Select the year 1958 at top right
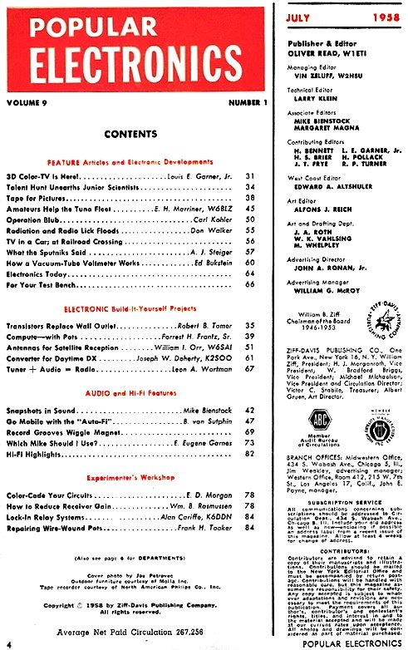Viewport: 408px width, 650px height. [376, 17]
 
